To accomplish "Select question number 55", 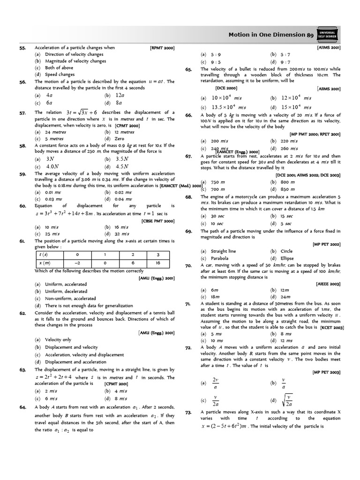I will pyautogui.click(x=22, y=48).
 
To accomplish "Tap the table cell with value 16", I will pyautogui.click(x=158, y=263).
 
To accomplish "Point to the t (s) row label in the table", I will pyautogui.click(x=45, y=255).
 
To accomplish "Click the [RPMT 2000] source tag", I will pyautogui.click(x=162, y=48).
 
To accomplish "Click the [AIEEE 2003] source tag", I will pyautogui.click(x=328, y=284).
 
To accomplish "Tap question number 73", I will pyautogui.click(x=188, y=412).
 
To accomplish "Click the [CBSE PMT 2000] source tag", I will pyautogui.click(x=158, y=221).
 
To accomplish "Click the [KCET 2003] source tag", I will pyautogui.click(x=332, y=327).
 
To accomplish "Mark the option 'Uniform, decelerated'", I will pyautogui.click(x=62, y=291).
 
